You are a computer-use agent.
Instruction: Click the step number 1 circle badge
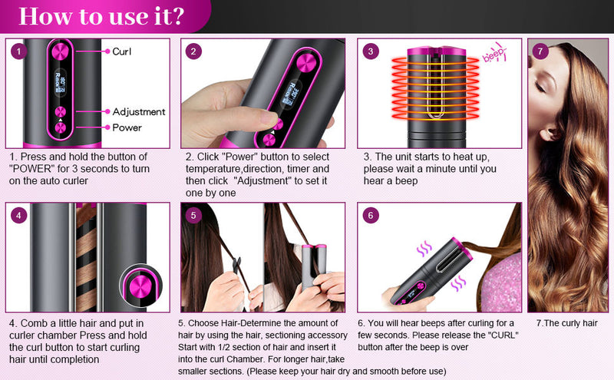19,51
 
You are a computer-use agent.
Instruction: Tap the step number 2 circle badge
195,51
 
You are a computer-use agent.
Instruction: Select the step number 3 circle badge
371,51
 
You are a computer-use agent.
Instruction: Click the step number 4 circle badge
19,216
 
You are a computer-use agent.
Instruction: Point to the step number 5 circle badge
193,216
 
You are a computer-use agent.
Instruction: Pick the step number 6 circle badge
371,216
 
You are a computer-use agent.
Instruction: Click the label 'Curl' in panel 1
122,51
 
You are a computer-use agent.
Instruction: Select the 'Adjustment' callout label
138,111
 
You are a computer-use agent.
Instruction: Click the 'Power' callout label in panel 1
127,127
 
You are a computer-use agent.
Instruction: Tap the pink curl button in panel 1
61,51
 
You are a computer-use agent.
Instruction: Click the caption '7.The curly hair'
566,323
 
